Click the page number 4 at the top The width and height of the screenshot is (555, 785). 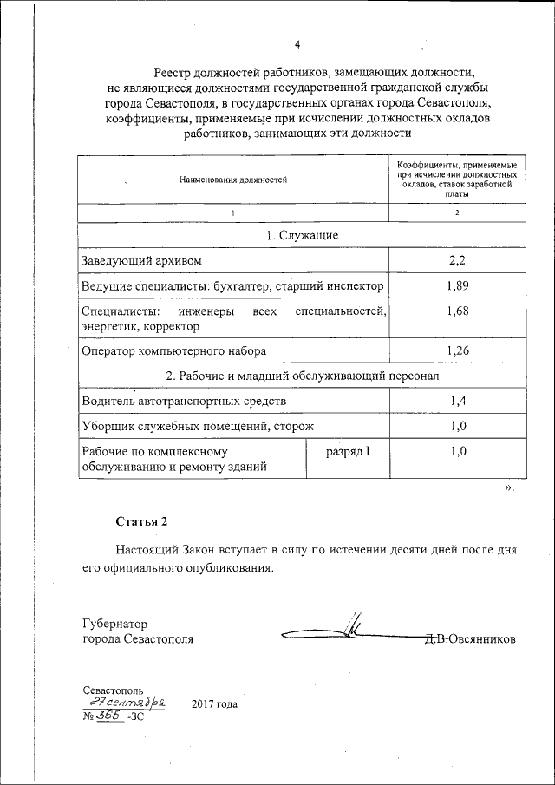pos(297,45)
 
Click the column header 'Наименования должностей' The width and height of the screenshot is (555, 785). pos(232,180)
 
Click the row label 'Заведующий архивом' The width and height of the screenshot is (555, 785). pos(144,261)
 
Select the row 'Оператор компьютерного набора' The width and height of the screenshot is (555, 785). pos(173,351)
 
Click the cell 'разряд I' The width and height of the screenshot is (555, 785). pos(348,452)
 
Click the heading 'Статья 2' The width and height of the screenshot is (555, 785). pos(140,521)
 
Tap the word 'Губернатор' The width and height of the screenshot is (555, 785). pos(114,623)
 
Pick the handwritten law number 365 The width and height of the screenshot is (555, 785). pos(108,716)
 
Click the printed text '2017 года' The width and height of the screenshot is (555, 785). pos(213,703)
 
